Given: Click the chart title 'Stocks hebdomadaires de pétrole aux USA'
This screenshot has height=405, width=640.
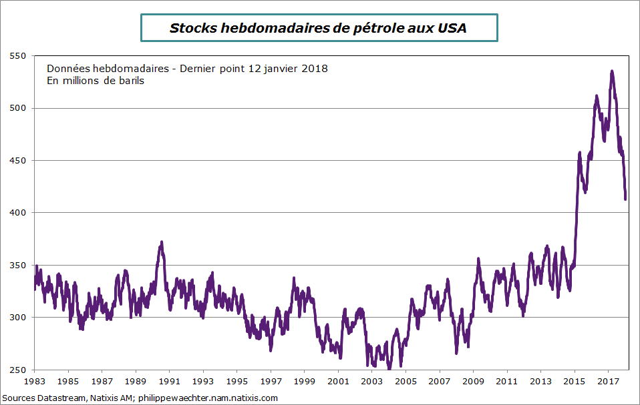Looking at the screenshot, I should pyautogui.click(x=319, y=28).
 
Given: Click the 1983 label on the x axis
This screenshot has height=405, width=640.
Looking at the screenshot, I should pyautogui.click(x=35, y=382).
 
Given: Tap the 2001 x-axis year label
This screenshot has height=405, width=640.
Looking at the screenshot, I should pyautogui.click(x=338, y=382).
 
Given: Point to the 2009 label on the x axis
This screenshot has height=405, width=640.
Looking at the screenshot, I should pyautogui.click(x=473, y=382).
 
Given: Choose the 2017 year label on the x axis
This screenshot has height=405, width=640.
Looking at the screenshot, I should pyautogui.click(x=607, y=382).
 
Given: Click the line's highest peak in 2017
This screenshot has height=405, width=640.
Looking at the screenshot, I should pyautogui.click(x=612, y=71).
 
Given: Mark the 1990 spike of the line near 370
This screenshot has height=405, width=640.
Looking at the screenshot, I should pyautogui.click(x=161, y=243).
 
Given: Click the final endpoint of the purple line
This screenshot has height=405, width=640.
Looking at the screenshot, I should pyautogui.click(x=625, y=198).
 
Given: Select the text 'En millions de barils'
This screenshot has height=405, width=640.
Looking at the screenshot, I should pyautogui.click(x=96, y=81).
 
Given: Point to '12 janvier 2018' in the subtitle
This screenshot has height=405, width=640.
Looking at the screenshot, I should pyautogui.click(x=289, y=69).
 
